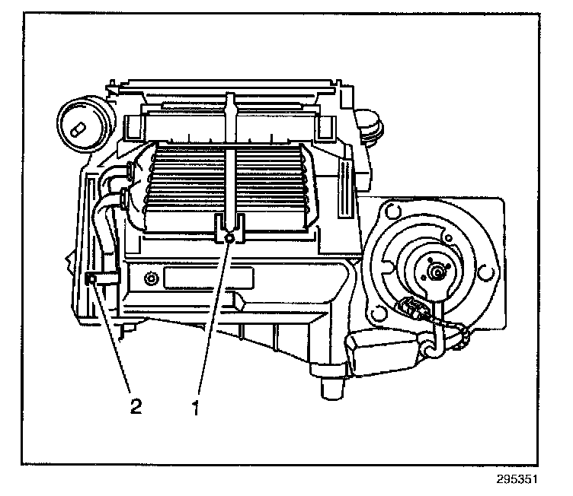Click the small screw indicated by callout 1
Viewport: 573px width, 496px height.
coord(230,239)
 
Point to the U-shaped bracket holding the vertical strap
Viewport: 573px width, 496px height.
coord(230,226)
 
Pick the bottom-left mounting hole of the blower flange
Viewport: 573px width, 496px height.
coord(374,311)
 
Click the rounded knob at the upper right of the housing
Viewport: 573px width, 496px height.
coord(370,126)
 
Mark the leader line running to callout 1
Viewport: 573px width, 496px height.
coord(213,320)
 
